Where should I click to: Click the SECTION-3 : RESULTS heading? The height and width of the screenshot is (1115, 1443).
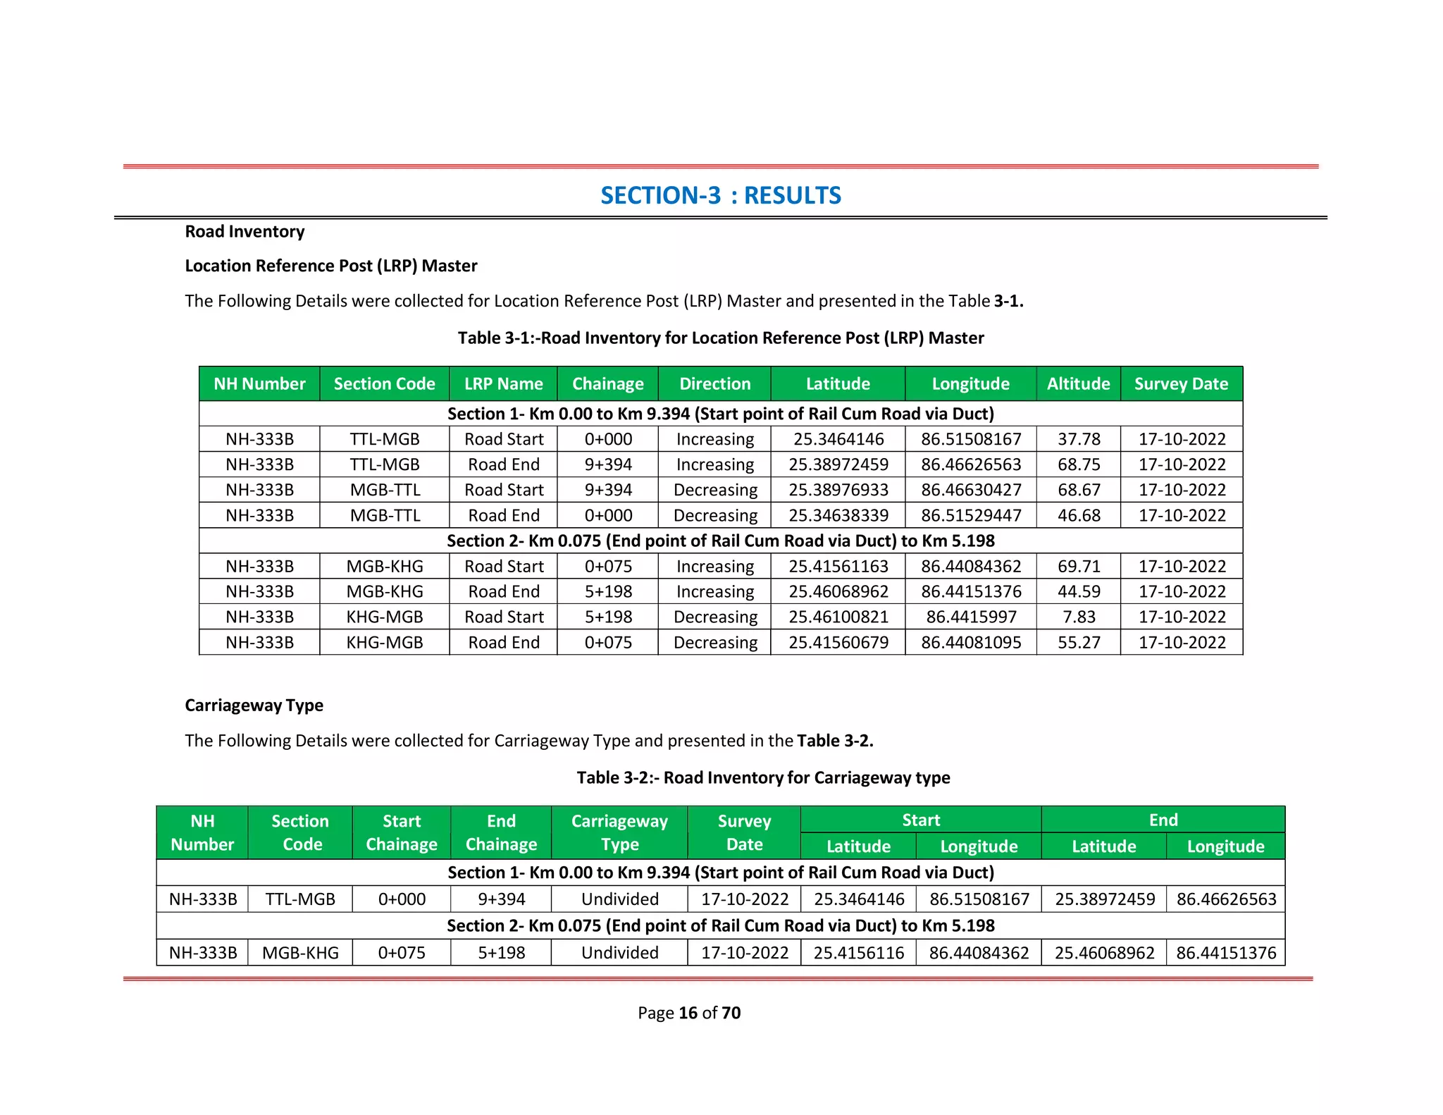720,195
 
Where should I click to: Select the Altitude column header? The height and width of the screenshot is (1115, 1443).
1078,384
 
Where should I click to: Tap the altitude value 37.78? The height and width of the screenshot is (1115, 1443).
1078,439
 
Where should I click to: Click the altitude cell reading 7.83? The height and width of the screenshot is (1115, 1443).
1078,617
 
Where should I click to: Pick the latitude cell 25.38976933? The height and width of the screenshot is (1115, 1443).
838,490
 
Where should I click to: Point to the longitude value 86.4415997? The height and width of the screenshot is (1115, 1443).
971,617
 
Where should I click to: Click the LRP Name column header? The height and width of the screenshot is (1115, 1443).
503,384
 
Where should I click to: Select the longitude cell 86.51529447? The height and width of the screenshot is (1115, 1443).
971,515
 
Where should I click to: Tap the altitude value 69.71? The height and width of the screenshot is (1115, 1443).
1078,566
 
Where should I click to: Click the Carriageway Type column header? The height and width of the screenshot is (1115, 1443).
619,832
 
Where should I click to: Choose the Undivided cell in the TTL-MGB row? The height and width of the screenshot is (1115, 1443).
619,899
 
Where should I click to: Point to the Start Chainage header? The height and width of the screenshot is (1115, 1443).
402,832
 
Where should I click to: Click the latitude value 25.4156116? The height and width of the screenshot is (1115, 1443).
858,953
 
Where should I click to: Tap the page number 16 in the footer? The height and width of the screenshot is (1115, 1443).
688,1013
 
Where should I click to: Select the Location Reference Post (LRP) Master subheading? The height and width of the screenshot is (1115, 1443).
330,266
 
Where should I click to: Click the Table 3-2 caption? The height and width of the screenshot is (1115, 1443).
763,777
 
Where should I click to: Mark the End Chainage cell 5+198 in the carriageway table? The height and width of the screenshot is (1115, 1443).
501,953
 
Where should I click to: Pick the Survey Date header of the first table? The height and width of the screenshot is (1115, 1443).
1181,384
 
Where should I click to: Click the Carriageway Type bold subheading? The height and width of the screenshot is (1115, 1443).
254,706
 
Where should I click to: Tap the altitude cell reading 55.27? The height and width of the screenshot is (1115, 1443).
1078,642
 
